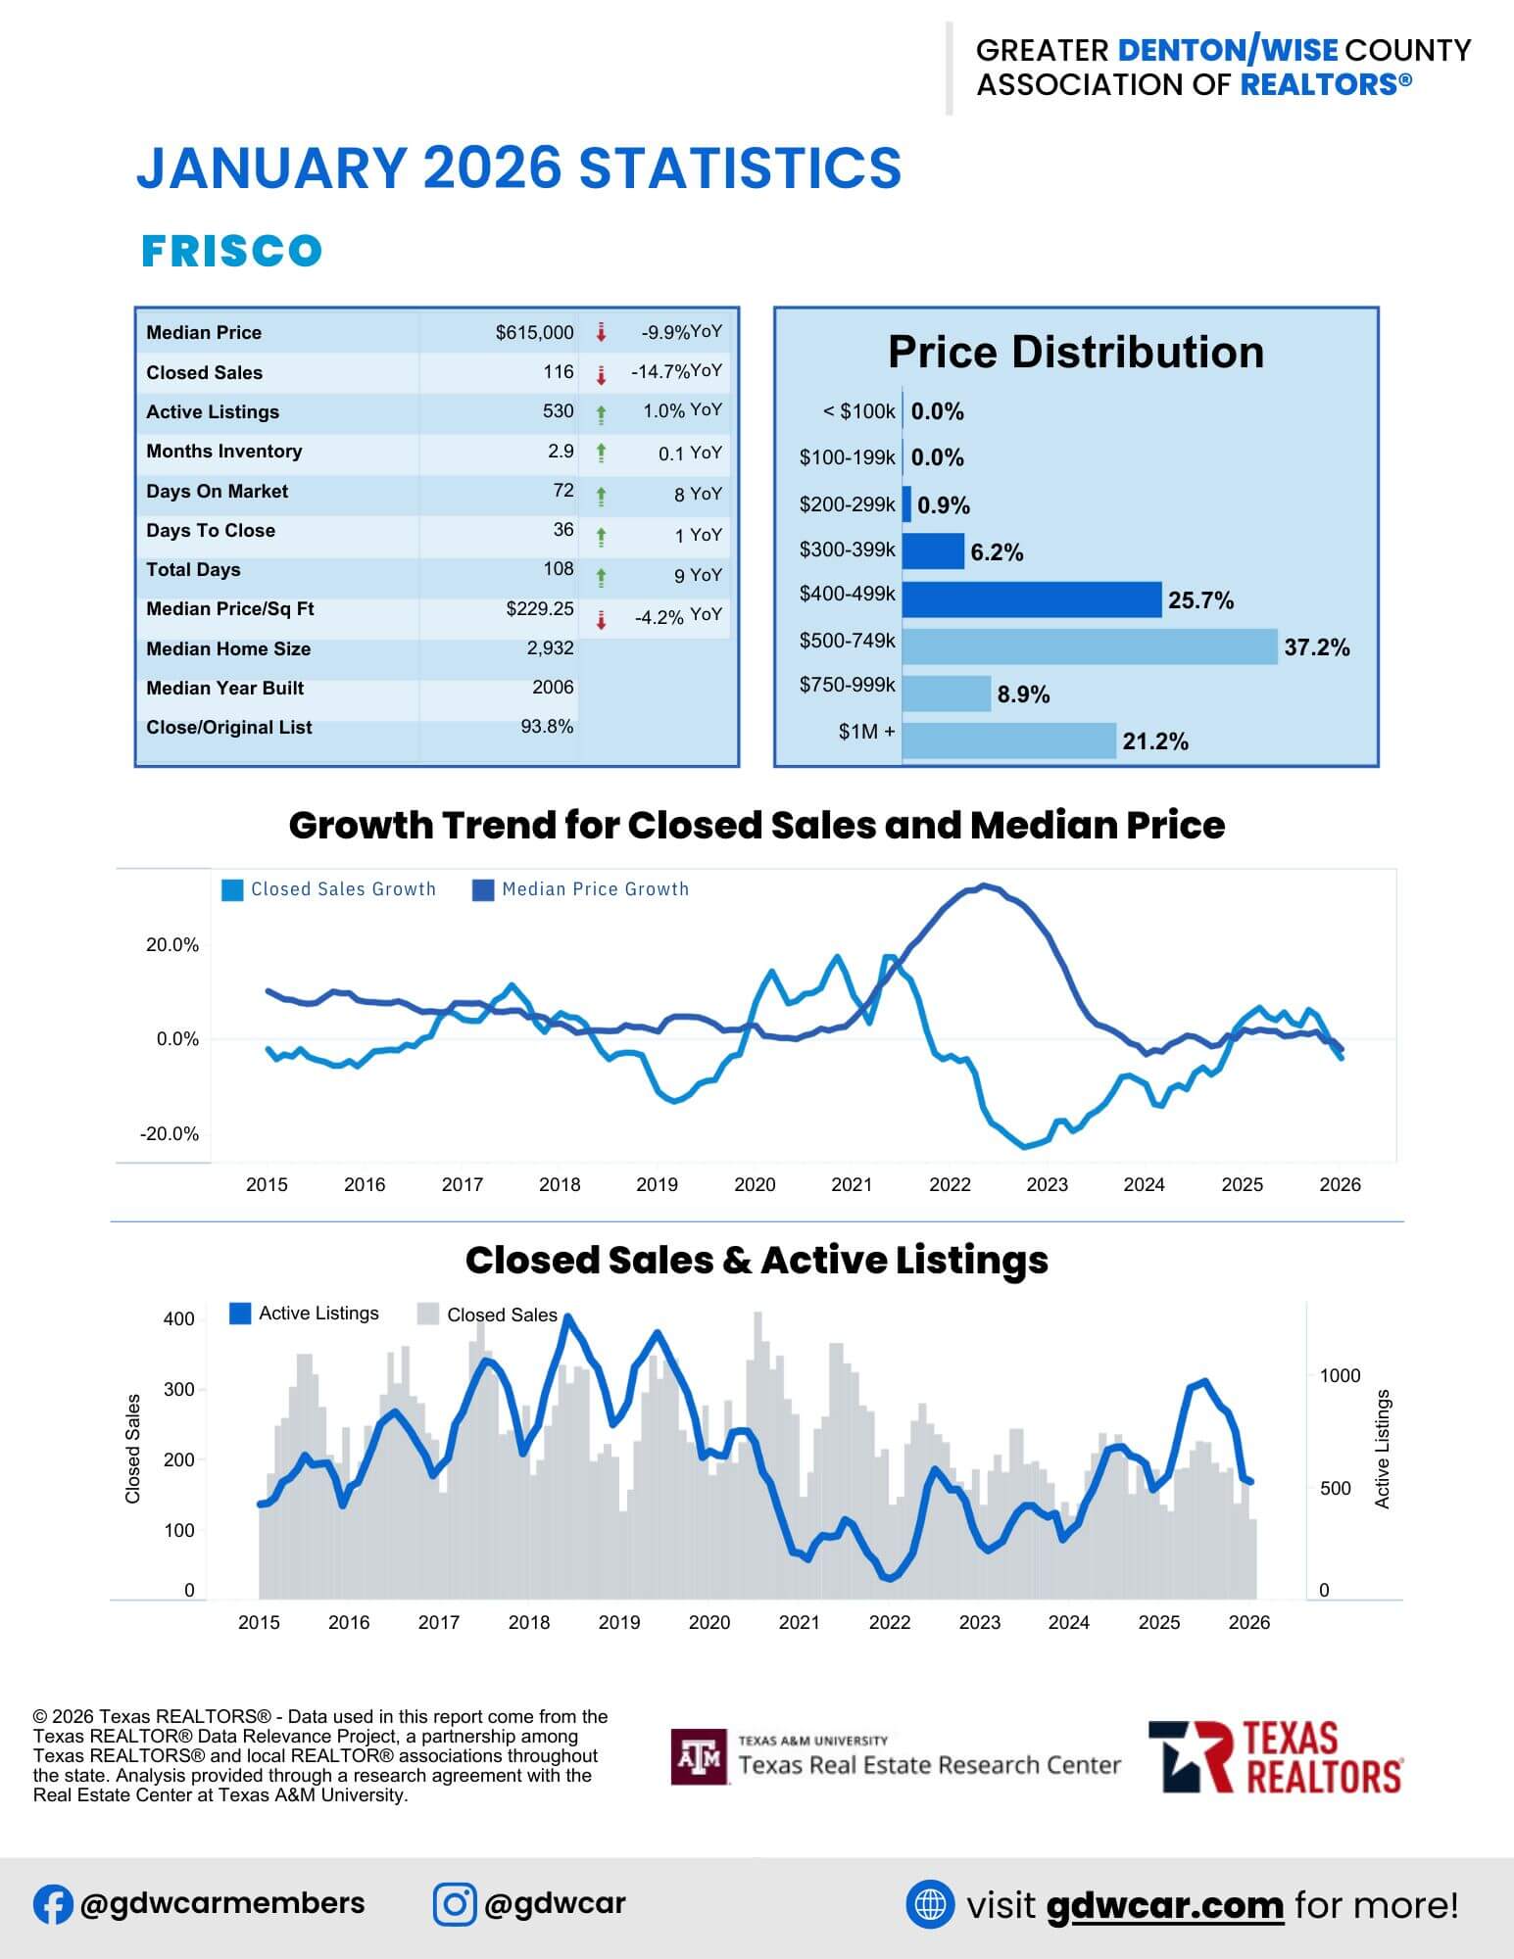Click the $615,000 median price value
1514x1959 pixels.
(x=534, y=333)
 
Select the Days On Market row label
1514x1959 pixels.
(x=217, y=492)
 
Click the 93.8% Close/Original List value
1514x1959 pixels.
(x=547, y=727)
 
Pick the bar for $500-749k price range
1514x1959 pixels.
(x=1090, y=646)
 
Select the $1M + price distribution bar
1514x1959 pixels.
(x=1009, y=741)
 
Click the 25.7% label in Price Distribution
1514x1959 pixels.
(x=1200, y=600)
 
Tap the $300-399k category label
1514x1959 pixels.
(x=847, y=549)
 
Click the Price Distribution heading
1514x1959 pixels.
(x=1076, y=353)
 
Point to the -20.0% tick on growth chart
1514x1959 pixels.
(x=170, y=1134)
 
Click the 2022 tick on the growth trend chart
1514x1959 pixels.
(x=950, y=1185)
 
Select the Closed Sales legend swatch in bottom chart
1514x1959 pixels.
(x=427, y=1314)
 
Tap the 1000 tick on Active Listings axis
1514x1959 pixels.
(x=1340, y=1376)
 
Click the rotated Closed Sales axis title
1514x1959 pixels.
(x=133, y=1449)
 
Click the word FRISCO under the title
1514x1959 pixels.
(x=232, y=251)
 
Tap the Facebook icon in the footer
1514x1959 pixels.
(x=53, y=1905)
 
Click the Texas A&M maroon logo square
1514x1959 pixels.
(x=700, y=1757)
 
